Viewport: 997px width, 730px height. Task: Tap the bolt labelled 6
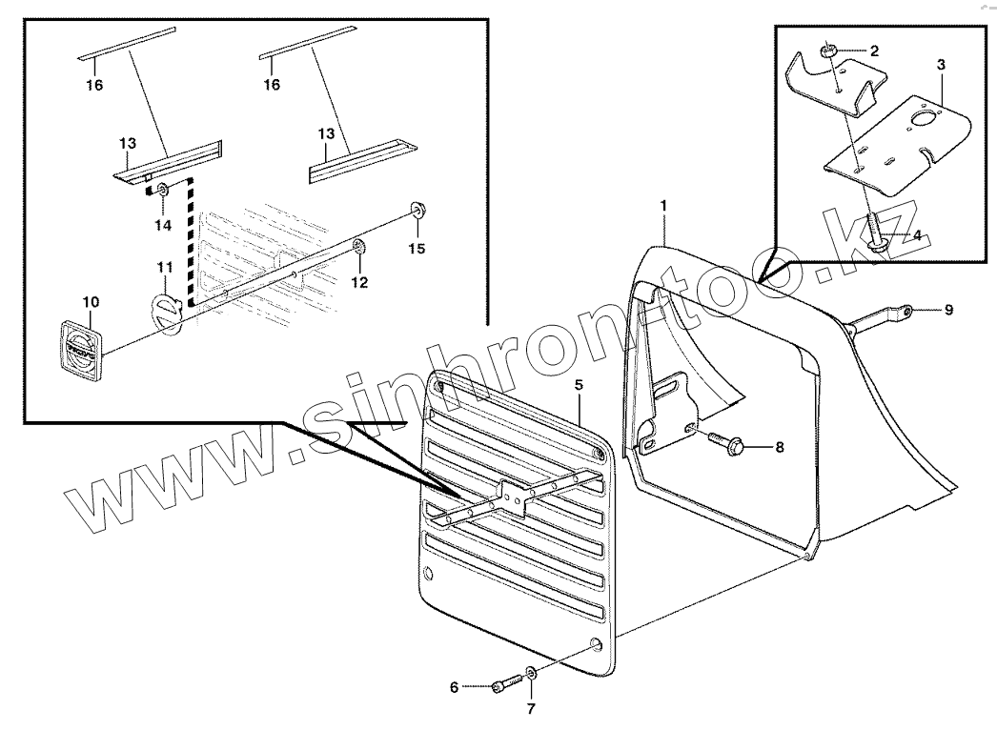point(505,684)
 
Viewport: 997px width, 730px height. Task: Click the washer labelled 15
point(417,210)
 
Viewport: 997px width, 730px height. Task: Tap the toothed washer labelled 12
point(359,247)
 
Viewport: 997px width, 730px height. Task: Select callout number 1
point(664,205)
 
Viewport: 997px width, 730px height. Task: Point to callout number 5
point(579,386)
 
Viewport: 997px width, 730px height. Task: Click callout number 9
point(948,310)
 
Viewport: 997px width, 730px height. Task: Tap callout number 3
point(941,65)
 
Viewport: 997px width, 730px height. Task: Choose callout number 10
point(90,302)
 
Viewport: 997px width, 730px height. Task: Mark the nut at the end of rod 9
point(907,310)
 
